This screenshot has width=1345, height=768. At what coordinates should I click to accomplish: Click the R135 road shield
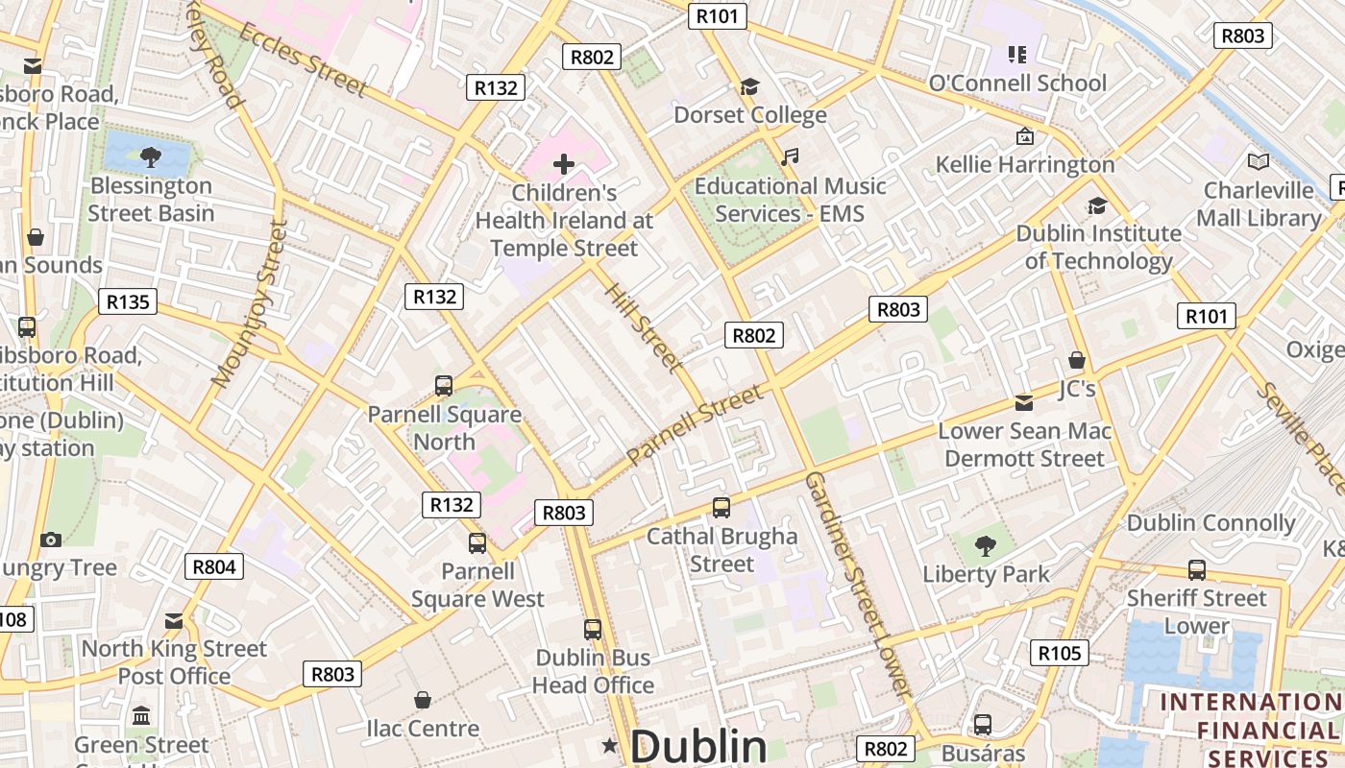[128, 302]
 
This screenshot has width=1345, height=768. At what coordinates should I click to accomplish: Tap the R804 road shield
[214, 566]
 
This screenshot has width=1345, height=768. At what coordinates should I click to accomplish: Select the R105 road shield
[1061, 654]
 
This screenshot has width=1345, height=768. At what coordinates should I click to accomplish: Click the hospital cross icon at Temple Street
[564, 164]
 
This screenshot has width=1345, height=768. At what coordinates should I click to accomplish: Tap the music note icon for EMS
[790, 156]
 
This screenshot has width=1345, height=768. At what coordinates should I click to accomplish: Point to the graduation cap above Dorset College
[749, 87]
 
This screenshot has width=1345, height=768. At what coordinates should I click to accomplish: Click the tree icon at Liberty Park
[985, 546]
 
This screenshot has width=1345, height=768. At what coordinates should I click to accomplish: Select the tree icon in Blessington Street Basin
[150, 157]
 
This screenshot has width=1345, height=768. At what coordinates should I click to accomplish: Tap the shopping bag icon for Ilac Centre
[422, 700]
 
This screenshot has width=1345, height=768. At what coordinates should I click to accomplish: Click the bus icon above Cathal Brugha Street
[721, 507]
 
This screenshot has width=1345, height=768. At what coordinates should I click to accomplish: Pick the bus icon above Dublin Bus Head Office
[593, 630]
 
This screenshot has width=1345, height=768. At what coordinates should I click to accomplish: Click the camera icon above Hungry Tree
[51, 540]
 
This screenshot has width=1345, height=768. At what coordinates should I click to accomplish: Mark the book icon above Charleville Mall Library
[1258, 162]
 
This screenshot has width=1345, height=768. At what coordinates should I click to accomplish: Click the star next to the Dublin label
[609, 746]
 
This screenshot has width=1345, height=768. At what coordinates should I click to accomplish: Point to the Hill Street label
[644, 325]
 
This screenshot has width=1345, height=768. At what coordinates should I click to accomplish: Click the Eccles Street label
[303, 60]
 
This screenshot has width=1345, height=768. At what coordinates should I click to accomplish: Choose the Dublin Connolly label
[1210, 523]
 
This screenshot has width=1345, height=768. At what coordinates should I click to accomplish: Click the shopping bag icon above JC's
[1077, 361]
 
